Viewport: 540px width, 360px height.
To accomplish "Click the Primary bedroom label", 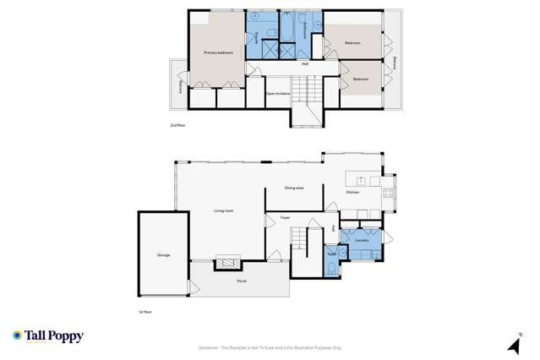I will tap(218, 52).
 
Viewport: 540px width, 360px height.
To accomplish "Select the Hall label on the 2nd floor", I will tap(305, 63).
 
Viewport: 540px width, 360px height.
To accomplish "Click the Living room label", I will tap(224, 210).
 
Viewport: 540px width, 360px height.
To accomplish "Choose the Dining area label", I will tap(293, 188).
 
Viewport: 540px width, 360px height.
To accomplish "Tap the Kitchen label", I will tap(352, 193).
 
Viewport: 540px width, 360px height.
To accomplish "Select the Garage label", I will tap(163, 254).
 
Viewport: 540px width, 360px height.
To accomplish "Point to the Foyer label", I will tap(286, 217).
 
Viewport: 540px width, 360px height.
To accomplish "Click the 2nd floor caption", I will tap(177, 125).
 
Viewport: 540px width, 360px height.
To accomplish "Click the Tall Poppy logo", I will tap(48, 336).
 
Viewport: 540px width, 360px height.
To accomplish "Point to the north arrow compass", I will tap(513, 344).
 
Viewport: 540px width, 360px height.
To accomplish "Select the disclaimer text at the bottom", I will tap(270, 347).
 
